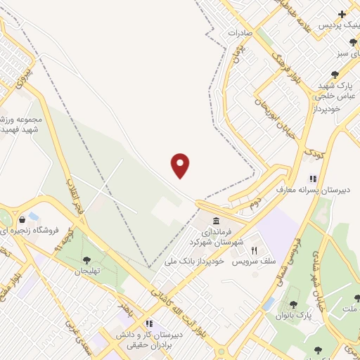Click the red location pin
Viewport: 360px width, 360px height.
pyautogui.click(x=181, y=165)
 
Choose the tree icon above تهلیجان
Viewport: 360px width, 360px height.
pyautogui.click(x=87, y=260)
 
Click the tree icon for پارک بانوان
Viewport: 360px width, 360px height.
pyautogui.click(x=293, y=304)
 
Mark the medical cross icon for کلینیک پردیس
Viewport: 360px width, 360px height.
pyautogui.click(x=342, y=13)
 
